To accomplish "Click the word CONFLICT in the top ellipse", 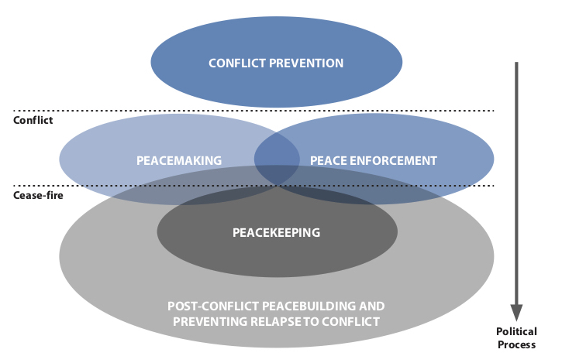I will (236, 63).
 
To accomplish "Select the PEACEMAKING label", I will (179, 161).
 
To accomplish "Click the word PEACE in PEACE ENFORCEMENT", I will (327, 161).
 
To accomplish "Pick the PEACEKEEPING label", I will (277, 232).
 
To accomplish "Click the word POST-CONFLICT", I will (213, 306).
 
